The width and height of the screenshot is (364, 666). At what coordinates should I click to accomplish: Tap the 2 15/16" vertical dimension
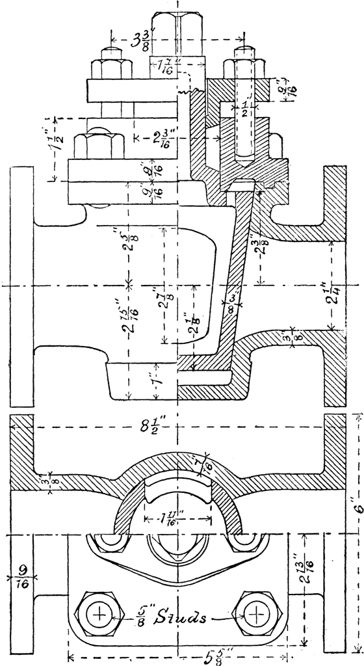[x=129, y=315]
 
